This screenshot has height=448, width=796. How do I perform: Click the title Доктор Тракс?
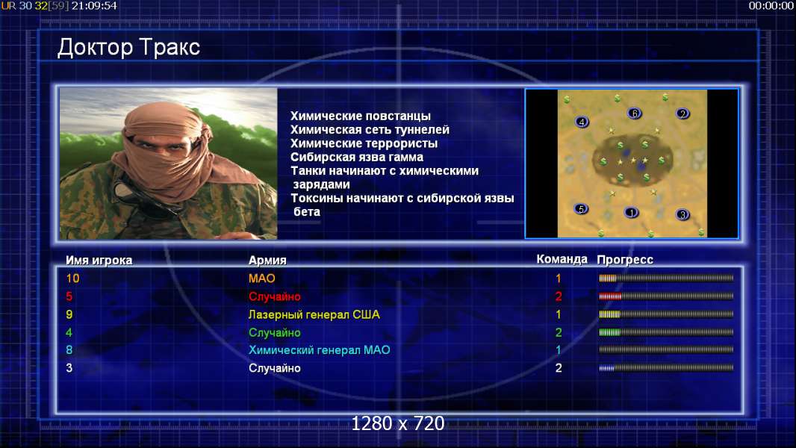point(128,48)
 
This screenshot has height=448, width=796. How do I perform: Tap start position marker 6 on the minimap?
point(634,113)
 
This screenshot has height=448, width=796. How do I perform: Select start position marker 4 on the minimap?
point(582,122)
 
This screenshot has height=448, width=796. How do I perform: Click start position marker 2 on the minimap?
point(682,113)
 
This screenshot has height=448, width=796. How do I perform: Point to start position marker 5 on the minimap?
point(581,208)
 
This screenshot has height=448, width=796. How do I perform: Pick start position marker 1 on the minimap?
point(631,213)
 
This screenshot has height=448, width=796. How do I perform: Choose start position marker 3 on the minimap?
point(682,214)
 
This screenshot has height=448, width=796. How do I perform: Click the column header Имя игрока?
point(99,261)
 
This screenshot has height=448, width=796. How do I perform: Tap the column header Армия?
point(267,261)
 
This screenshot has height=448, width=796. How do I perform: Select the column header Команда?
point(562,259)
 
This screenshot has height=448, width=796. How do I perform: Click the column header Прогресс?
point(625,260)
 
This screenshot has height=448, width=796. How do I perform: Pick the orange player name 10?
point(72,278)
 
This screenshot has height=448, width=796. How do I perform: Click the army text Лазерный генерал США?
point(314,314)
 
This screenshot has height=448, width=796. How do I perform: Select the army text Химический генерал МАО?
point(320,350)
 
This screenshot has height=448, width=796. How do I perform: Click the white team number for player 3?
point(559,368)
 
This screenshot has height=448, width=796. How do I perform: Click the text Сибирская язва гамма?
point(357,158)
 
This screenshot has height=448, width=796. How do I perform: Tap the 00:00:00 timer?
point(771,6)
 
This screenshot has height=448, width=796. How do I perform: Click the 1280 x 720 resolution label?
point(398,423)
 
